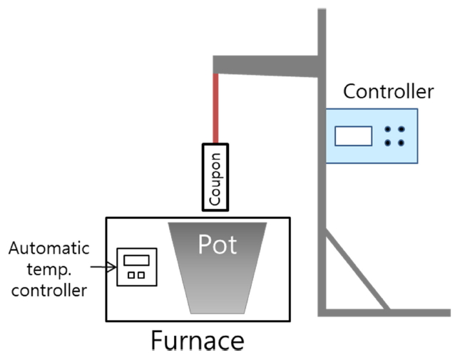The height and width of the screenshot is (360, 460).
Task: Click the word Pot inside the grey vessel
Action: coord(217,245)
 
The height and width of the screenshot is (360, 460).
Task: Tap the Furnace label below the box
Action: coord(197,341)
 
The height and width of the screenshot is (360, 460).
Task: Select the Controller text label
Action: coord(388,91)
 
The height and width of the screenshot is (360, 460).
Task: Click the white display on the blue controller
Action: coord(354,135)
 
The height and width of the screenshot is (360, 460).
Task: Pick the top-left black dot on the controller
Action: coord(388,130)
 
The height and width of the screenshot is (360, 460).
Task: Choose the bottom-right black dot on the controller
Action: coord(402,143)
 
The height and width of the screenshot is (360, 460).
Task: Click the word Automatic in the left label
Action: coord(49,249)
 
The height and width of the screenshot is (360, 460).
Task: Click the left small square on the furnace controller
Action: coord(131,274)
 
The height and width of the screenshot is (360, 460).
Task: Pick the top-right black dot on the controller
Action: coord(402,130)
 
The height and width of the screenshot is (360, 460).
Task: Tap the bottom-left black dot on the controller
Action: coord(388,143)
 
